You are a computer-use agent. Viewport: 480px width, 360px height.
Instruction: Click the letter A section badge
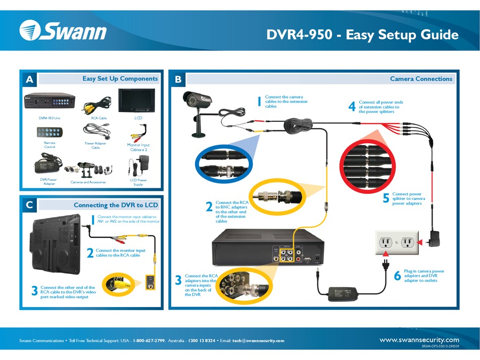29,79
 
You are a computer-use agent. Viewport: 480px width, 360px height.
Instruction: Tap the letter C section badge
29,205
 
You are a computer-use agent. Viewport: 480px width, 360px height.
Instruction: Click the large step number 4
352,107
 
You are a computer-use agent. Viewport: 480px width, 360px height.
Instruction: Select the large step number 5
386,198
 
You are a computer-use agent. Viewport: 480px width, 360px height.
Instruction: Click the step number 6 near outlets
397,276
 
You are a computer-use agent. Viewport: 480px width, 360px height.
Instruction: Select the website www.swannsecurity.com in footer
419,340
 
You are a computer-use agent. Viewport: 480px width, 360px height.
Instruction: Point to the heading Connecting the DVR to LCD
116,205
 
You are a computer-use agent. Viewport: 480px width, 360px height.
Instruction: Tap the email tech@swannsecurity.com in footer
258,341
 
